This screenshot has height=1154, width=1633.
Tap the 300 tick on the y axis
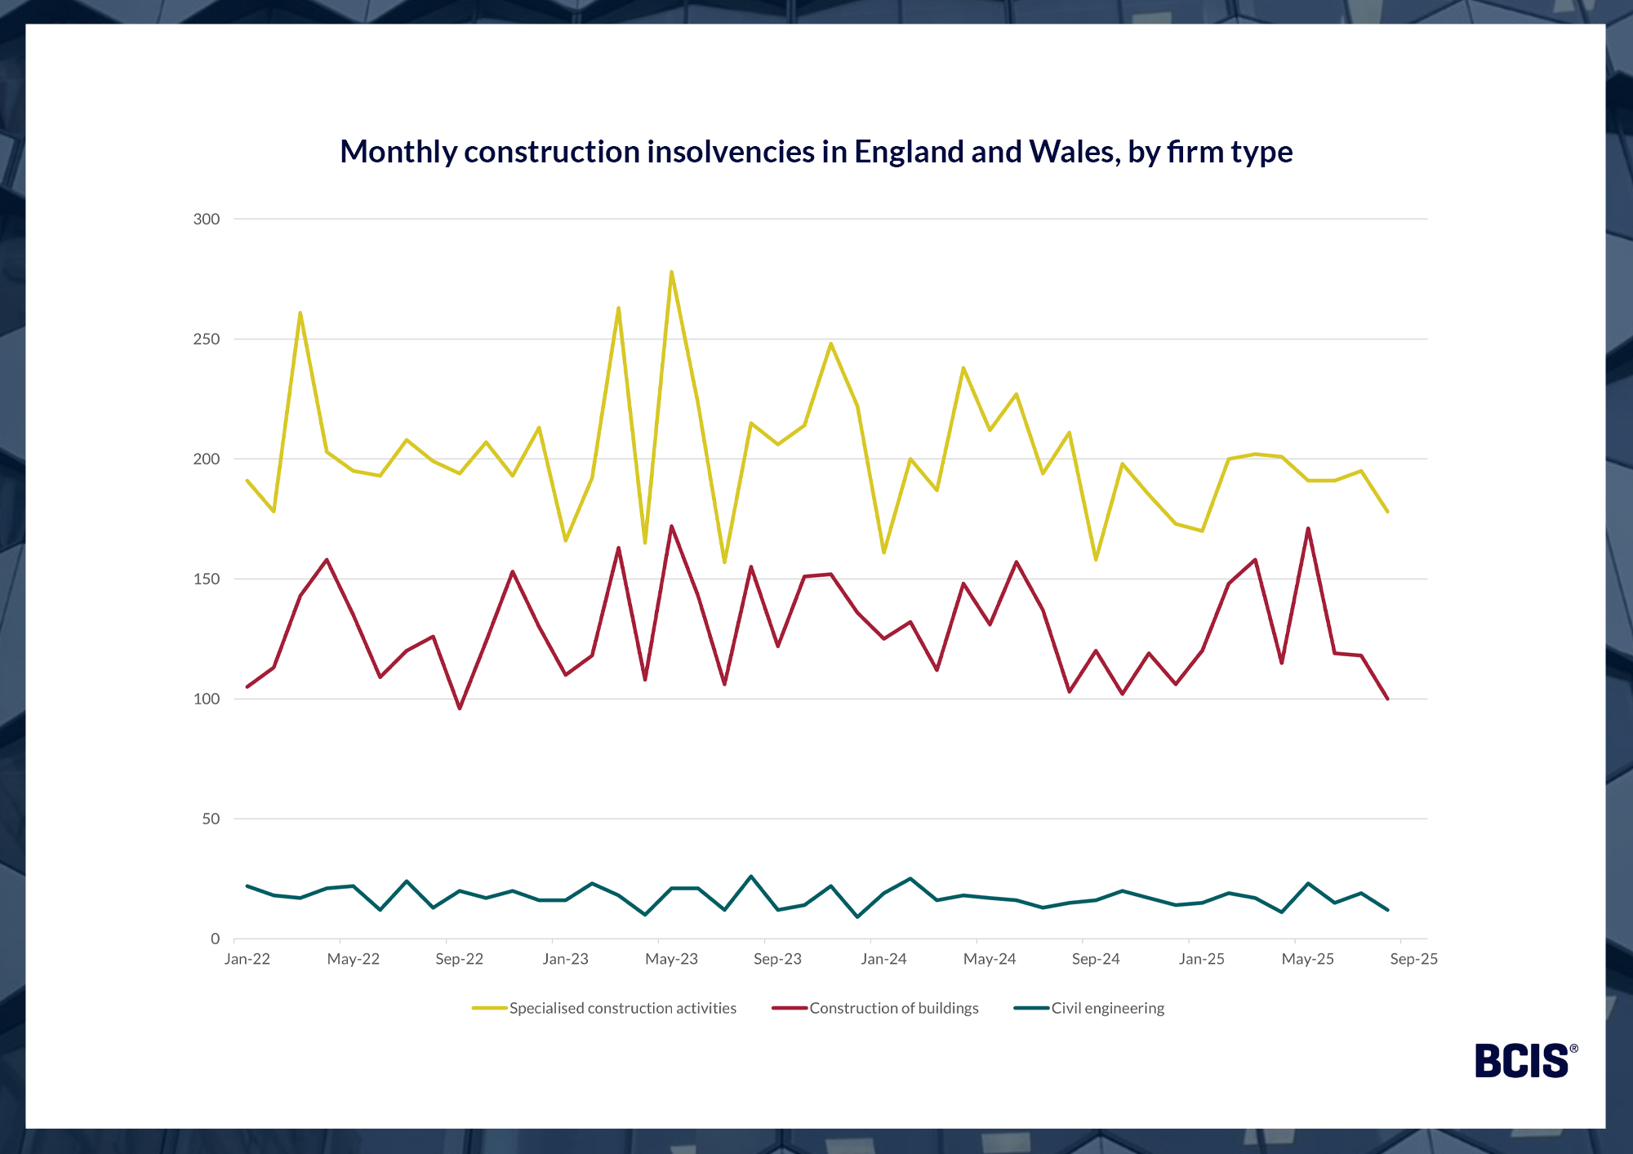point(207,219)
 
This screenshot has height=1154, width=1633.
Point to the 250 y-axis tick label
point(207,339)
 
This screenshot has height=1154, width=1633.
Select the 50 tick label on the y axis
point(211,819)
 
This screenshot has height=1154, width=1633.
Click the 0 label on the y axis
point(216,939)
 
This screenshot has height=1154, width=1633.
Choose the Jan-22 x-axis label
point(247,959)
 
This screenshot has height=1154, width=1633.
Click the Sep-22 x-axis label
point(459,959)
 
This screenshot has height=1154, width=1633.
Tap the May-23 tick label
point(671,959)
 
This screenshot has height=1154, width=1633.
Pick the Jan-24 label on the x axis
point(883,959)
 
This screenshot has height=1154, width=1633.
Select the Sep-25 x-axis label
point(1413,959)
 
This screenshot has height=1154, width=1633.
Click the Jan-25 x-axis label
point(1201,959)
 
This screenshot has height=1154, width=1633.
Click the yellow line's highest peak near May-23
point(671,272)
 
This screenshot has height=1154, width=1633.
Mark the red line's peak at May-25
point(1308,529)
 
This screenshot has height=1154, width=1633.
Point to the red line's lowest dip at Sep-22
point(460,708)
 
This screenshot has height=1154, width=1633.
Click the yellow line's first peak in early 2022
point(300,313)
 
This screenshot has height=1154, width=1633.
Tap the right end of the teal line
point(1387,910)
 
